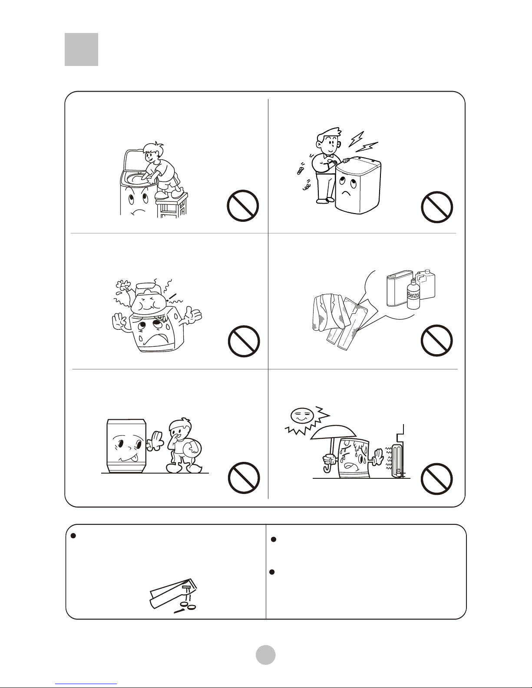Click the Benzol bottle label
pos(413,295)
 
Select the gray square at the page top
pos(81,49)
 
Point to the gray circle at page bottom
pos(266,655)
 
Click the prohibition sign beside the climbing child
pos(243,205)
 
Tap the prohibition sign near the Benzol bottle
pos(437,340)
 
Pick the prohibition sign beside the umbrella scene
pos(437,478)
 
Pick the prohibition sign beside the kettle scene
pos(244,341)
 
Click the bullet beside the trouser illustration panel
pos(73,536)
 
